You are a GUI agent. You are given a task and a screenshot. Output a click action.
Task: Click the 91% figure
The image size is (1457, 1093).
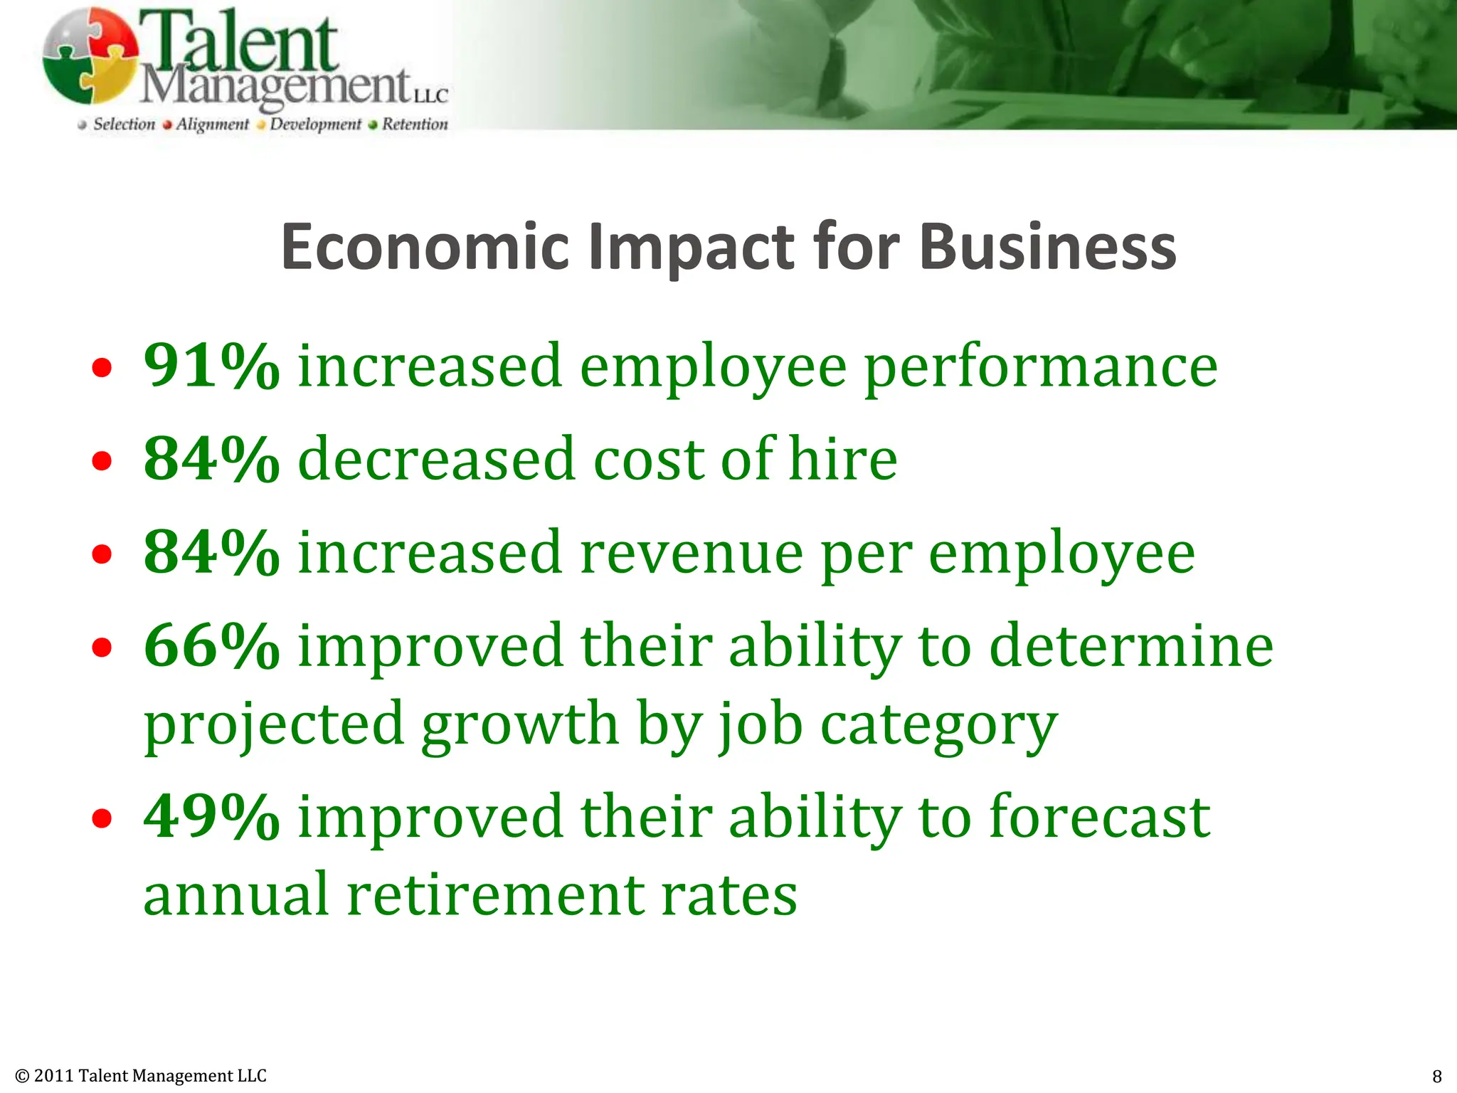(x=211, y=366)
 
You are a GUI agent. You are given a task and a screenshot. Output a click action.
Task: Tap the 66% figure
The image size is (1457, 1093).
(x=211, y=645)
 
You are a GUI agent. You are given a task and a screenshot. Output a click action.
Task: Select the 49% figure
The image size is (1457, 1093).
(x=211, y=816)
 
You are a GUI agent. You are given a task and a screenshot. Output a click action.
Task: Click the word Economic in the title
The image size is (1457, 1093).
(x=425, y=247)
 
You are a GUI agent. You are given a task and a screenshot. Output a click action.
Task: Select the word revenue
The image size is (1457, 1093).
(x=692, y=554)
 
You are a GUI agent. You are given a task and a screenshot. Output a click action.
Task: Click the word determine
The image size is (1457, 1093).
(x=1131, y=645)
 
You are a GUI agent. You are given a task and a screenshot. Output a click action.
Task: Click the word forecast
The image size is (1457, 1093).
(x=1099, y=816)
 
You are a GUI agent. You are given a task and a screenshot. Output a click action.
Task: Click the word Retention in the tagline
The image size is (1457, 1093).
(x=415, y=125)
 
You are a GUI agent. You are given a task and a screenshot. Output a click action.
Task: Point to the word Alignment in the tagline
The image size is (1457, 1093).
(x=212, y=125)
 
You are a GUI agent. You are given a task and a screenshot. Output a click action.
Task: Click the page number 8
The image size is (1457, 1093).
(x=1436, y=1076)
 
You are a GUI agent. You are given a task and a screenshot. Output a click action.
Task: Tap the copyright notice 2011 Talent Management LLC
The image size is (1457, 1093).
(x=141, y=1075)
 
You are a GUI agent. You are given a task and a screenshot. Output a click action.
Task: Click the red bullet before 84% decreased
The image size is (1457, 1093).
(x=102, y=461)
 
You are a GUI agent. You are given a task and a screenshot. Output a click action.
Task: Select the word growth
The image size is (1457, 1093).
(x=519, y=724)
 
